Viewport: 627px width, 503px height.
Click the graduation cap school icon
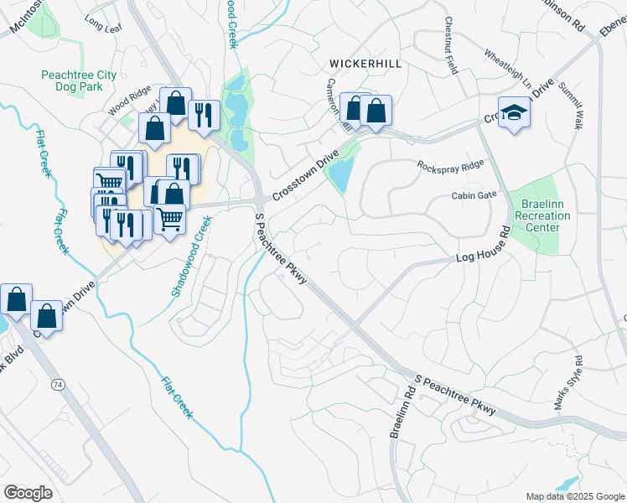(513, 113)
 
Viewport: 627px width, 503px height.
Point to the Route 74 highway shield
(57, 384)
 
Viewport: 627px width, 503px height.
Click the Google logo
(28, 492)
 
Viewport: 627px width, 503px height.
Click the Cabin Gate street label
(474, 195)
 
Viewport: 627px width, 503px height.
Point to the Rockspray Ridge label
(451, 166)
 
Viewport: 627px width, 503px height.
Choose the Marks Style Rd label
(567, 382)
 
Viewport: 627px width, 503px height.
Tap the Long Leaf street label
(103, 26)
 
